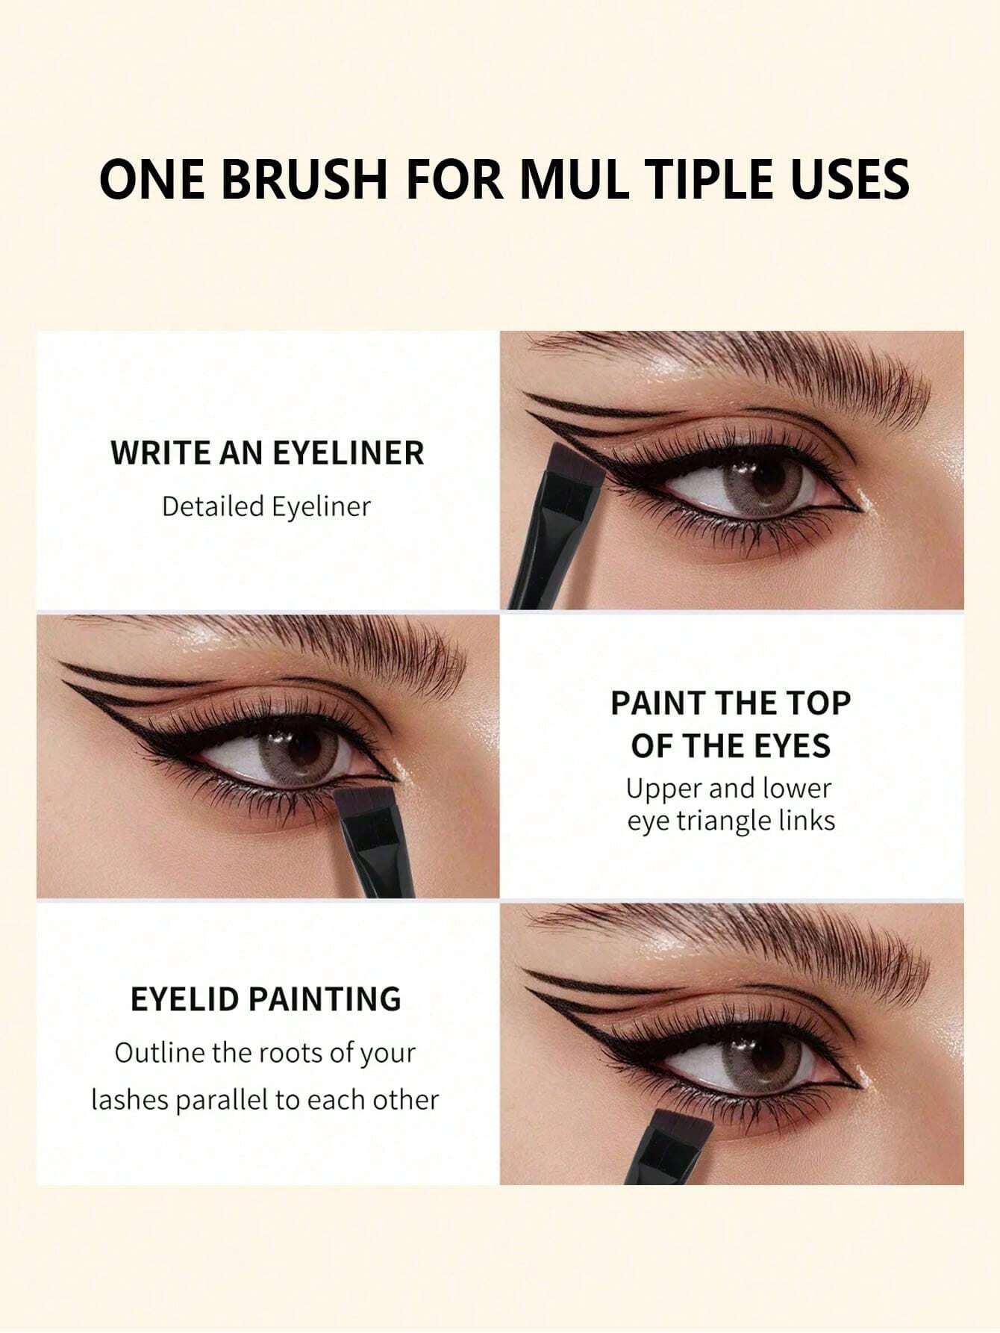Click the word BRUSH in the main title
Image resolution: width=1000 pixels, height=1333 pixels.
click(x=305, y=179)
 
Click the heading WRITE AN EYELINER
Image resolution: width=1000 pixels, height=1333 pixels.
click(x=267, y=453)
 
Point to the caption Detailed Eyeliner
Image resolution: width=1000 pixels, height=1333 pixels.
click(x=266, y=506)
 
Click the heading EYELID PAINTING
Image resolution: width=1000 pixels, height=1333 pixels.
click(x=266, y=998)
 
